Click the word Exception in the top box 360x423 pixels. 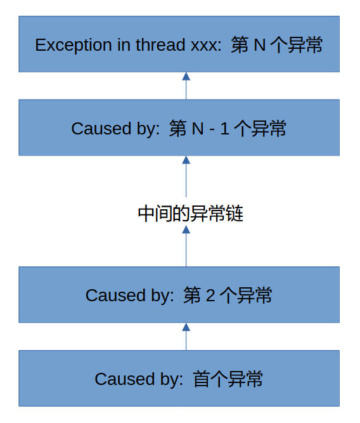pyautogui.click(x=74, y=45)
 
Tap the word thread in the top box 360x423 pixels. pyautogui.click(x=160, y=44)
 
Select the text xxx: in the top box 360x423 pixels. pyautogui.click(x=206, y=46)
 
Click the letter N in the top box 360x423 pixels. pyautogui.click(x=260, y=45)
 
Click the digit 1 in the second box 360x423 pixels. pyautogui.click(x=225, y=128)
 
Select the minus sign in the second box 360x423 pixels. pyautogui.click(x=212, y=130)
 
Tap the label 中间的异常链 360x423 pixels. pyautogui.click(x=191, y=214)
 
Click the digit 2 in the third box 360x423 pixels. pyautogui.click(x=210, y=296)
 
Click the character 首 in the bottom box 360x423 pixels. pyautogui.click(x=201, y=379)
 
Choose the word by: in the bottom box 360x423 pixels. pyautogui.click(x=172, y=379)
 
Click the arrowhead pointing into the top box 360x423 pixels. pyautogui.click(x=186, y=76)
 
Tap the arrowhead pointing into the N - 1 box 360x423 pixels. pyautogui.click(x=186, y=160)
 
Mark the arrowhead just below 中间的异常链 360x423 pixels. pyautogui.click(x=186, y=230)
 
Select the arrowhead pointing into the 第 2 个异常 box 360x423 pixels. pyautogui.click(x=186, y=327)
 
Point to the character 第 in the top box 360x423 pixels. pyautogui.click(x=240, y=45)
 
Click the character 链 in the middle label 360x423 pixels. pyautogui.click(x=235, y=214)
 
